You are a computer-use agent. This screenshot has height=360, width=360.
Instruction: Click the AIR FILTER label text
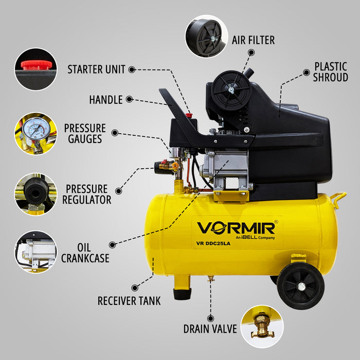point(253,40)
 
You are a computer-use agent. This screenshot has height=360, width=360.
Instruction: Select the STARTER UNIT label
point(96,69)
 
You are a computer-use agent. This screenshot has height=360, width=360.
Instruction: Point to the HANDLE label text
point(105,99)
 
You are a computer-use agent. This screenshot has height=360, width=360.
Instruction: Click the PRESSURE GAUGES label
point(85,133)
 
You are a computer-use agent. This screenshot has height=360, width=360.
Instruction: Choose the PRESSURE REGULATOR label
point(86,194)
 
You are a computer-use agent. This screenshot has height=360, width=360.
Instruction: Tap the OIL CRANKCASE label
point(85,252)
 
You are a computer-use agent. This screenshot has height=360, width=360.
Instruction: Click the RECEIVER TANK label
point(129,301)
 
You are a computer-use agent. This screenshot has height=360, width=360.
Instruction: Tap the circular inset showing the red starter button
point(35,69)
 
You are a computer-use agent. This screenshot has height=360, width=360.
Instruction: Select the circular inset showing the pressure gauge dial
point(35,133)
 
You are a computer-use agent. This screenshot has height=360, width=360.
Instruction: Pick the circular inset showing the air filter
point(206,36)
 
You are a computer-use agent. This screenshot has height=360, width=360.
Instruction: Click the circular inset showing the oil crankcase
point(35,251)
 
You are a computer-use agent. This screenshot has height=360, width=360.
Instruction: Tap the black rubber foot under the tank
point(182,293)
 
